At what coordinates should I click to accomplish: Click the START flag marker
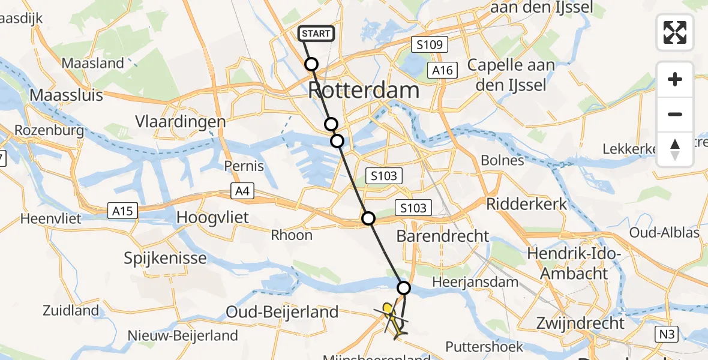pyautogui.click(x=316, y=34)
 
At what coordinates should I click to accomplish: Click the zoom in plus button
pyautogui.click(x=675, y=79)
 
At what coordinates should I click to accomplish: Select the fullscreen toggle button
pyautogui.click(x=675, y=32)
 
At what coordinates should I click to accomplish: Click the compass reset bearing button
pyautogui.click(x=675, y=149)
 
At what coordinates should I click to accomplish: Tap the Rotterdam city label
pyautogui.click(x=364, y=91)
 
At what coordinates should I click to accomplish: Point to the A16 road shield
pyautogui.click(x=443, y=70)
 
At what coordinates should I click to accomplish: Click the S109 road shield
pyautogui.click(x=427, y=44)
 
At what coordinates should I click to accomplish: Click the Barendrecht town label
pyautogui.click(x=443, y=236)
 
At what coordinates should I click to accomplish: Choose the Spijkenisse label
pyautogui.click(x=165, y=259)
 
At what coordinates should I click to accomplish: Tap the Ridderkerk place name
pyautogui.click(x=526, y=204)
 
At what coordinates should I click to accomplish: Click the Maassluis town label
pyautogui.click(x=66, y=95)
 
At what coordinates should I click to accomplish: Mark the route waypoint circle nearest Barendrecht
pyautogui.click(x=368, y=218)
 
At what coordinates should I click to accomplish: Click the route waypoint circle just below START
pyautogui.click(x=311, y=64)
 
